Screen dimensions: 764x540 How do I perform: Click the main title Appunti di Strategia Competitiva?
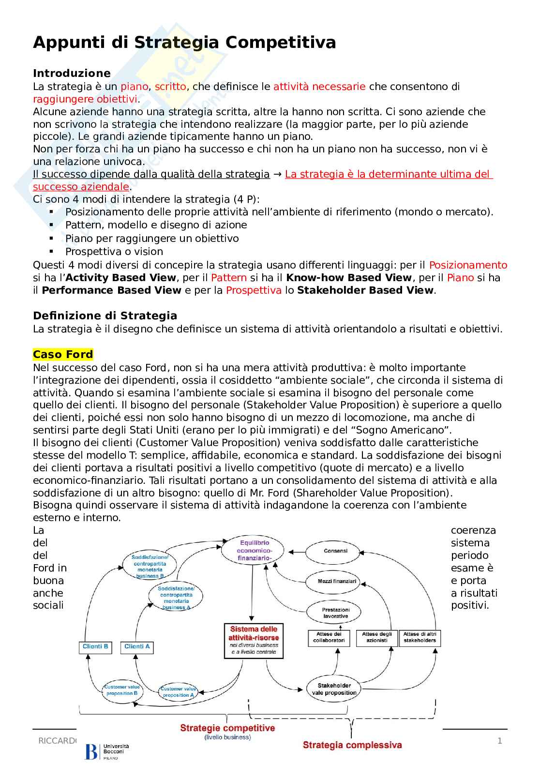tap(184, 43)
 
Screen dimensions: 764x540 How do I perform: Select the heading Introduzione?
tap(72, 74)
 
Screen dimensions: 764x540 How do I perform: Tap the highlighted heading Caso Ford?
tap(63, 355)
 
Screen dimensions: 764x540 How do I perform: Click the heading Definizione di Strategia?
tap(105, 316)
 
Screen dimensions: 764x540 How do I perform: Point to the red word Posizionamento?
tap(468, 265)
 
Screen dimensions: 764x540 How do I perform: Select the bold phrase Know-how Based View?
tap(349, 278)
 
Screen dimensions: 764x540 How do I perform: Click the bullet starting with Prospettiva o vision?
tap(114, 252)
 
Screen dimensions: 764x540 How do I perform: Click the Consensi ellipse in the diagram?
tap(335, 551)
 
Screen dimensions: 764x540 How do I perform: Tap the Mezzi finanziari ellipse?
tap(337, 581)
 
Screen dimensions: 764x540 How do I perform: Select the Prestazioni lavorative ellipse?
tap(335, 613)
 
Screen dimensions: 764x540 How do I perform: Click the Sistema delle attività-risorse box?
tap(254, 640)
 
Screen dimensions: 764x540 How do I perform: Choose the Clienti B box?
tap(95, 647)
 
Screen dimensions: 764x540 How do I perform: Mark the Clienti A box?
tap(137, 647)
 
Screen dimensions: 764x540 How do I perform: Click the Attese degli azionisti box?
tap(376, 637)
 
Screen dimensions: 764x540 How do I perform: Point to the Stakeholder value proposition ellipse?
tap(334, 689)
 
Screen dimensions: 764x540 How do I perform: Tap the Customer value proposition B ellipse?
tap(121, 690)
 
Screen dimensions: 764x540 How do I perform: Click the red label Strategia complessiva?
tap(352, 745)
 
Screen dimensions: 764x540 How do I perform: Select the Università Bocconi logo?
tap(107, 751)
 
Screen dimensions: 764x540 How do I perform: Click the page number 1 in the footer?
tap(500, 741)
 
